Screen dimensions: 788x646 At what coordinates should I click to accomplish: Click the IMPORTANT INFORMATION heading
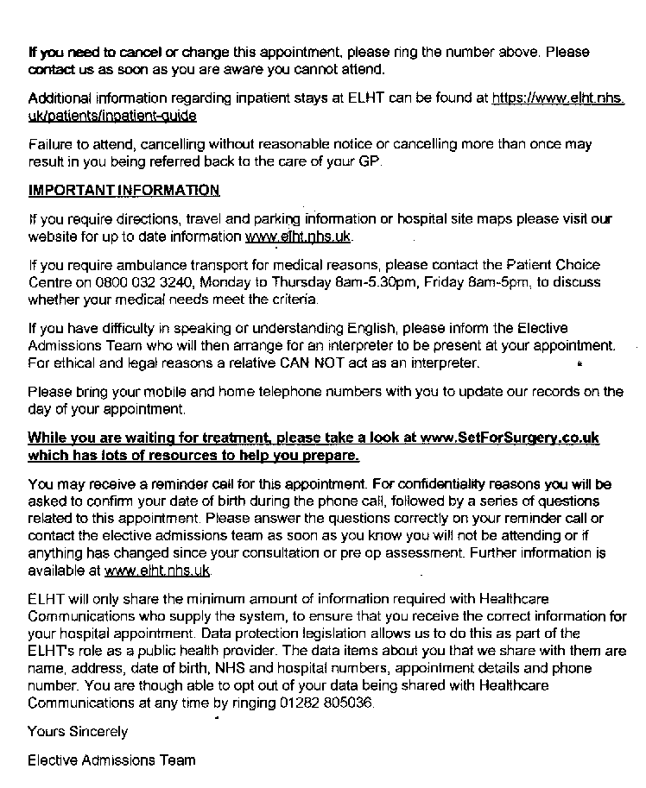click(123, 190)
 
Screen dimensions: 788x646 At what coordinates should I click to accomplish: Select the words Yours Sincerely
click(78, 732)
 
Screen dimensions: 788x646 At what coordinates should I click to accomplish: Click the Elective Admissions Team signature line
click(111, 760)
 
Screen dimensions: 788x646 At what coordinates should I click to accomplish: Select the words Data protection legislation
click(276, 634)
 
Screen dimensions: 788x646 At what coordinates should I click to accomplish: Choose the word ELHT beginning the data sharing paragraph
click(47, 599)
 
